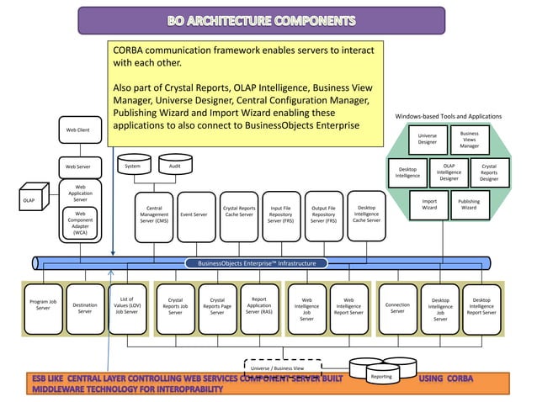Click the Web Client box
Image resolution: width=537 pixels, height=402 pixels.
pos(78,130)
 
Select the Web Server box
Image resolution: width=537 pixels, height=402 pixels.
pos(78,167)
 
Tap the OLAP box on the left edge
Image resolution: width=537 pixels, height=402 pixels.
pos(29,201)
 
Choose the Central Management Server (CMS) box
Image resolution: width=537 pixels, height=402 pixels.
pos(154,214)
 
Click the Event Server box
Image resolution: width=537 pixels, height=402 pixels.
pos(195,214)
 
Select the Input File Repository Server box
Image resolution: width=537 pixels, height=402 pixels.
pos(280,214)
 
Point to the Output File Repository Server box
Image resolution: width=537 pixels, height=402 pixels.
pos(323,214)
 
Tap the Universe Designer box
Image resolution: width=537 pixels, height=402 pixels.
pos(428,139)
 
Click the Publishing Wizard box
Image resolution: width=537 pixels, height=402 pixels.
pos(469,205)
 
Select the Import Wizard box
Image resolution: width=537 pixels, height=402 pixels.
pos(429,205)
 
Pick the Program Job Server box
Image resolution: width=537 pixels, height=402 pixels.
pos(43,304)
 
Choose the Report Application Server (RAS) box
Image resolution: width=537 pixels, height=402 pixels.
pos(259,304)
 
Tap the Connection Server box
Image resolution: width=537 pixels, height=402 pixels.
pos(397,309)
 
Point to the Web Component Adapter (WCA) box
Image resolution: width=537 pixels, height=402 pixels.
pos(81,225)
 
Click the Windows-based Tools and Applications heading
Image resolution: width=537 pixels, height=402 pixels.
pos(448,116)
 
